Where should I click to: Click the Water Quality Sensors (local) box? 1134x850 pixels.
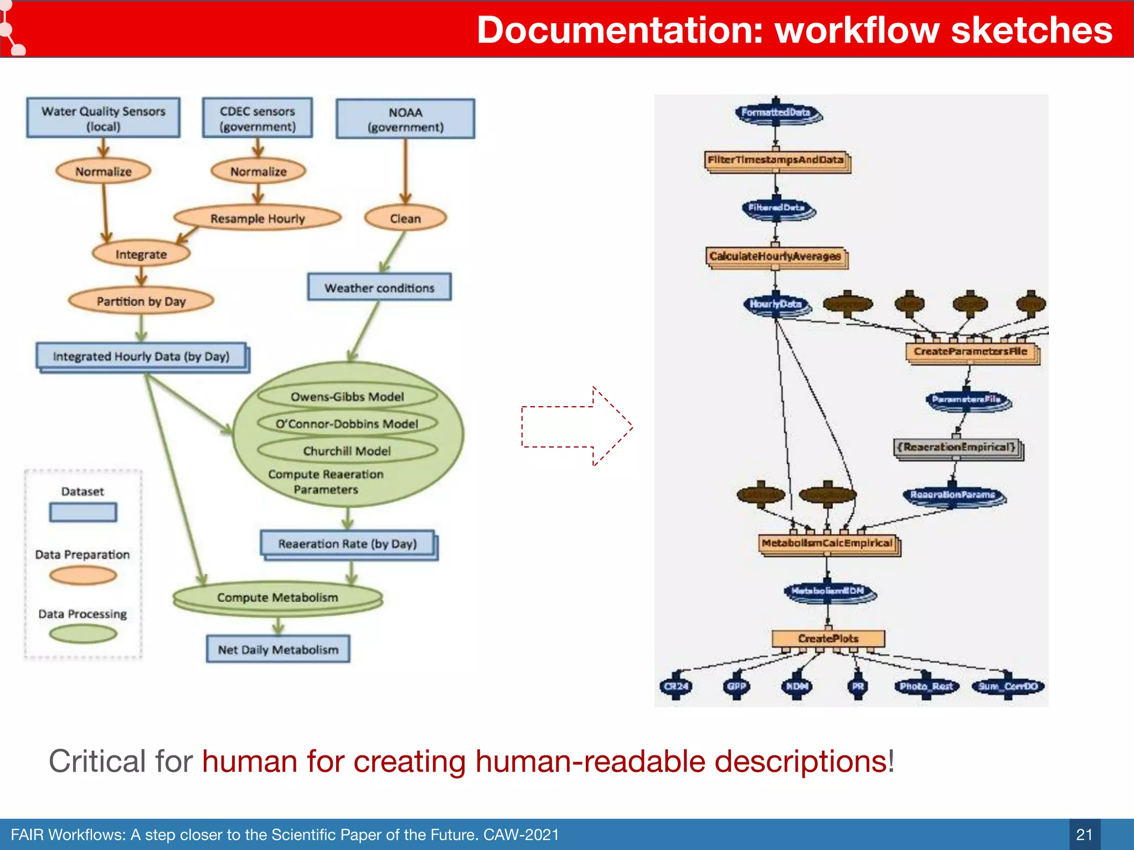(104, 118)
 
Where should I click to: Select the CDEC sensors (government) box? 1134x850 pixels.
(257, 118)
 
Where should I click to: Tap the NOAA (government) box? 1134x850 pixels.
(405, 119)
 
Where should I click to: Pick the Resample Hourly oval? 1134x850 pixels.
(257, 219)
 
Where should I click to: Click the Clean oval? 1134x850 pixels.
(405, 219)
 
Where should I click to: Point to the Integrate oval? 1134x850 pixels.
(141, 255)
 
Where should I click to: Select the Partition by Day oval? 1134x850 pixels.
(141, 302)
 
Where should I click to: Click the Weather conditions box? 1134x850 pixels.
(379, 288)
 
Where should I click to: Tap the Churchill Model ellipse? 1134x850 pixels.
(347, 451)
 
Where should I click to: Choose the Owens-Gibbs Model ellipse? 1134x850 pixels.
(347, 397)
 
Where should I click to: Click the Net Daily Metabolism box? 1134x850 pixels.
(278, 650)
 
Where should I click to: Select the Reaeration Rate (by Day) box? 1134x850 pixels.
(348, 544)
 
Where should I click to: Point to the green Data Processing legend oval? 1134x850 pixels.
(83, 634)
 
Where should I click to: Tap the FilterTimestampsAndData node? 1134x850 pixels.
(776, 160)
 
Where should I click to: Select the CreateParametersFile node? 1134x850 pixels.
(971, 352)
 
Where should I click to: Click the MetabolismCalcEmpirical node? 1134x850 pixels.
(827, 543)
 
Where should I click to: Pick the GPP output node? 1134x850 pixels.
(736, 687)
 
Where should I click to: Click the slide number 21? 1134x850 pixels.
(1084, 835)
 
